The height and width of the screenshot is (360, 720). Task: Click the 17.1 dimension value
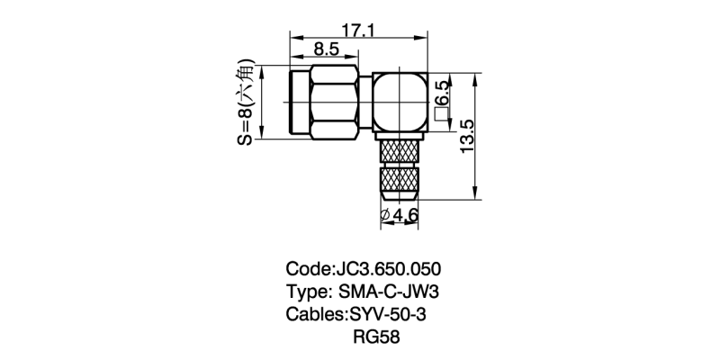358,31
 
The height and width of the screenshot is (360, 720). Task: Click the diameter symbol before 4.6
384,216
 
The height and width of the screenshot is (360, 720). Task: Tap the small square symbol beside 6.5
442,114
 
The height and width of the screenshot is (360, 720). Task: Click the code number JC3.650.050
388,269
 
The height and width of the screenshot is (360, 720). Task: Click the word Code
307,269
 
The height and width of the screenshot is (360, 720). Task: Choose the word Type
308,292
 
